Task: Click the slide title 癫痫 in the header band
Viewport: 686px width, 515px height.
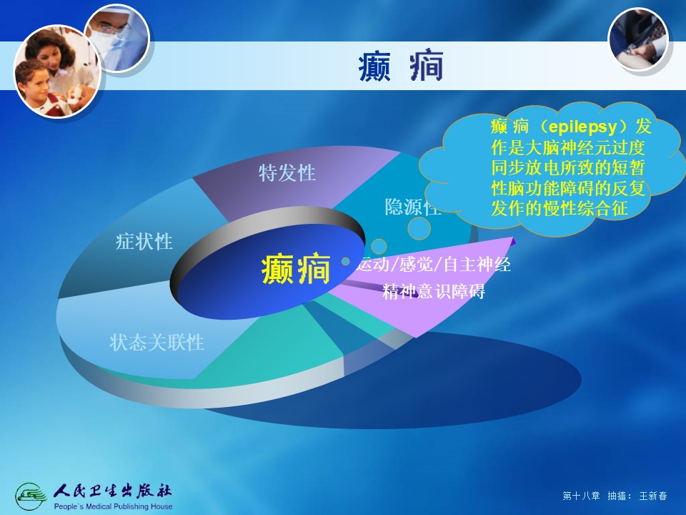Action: tap(401, 67)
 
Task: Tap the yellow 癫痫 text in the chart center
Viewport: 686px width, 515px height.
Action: tap(296, 270)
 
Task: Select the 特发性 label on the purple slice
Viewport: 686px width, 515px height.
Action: tap(287, 172)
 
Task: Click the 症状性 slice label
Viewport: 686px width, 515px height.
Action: tap(144, 241)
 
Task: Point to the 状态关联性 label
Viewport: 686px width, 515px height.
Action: tap(156, 342)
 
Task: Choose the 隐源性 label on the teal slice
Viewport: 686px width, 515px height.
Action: tap(412, 207)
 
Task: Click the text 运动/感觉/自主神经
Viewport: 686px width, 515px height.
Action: tap(434, 265)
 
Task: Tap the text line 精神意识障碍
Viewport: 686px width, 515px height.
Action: tap(434, 291)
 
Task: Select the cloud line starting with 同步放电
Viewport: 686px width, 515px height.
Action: tap(568, 167)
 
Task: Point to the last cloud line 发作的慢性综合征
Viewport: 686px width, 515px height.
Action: tap(560, 208)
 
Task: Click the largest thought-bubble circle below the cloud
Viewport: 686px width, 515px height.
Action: tap(419, 228)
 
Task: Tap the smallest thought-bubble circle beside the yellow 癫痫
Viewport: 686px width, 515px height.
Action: tap(346, 262)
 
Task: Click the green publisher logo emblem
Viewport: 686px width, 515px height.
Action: tap(31, 496)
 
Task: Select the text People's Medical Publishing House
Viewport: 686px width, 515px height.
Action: tap(113, 506)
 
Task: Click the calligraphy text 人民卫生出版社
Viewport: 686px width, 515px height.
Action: tap(112, 491)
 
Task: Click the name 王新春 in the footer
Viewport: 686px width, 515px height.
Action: tap(652, 496)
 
